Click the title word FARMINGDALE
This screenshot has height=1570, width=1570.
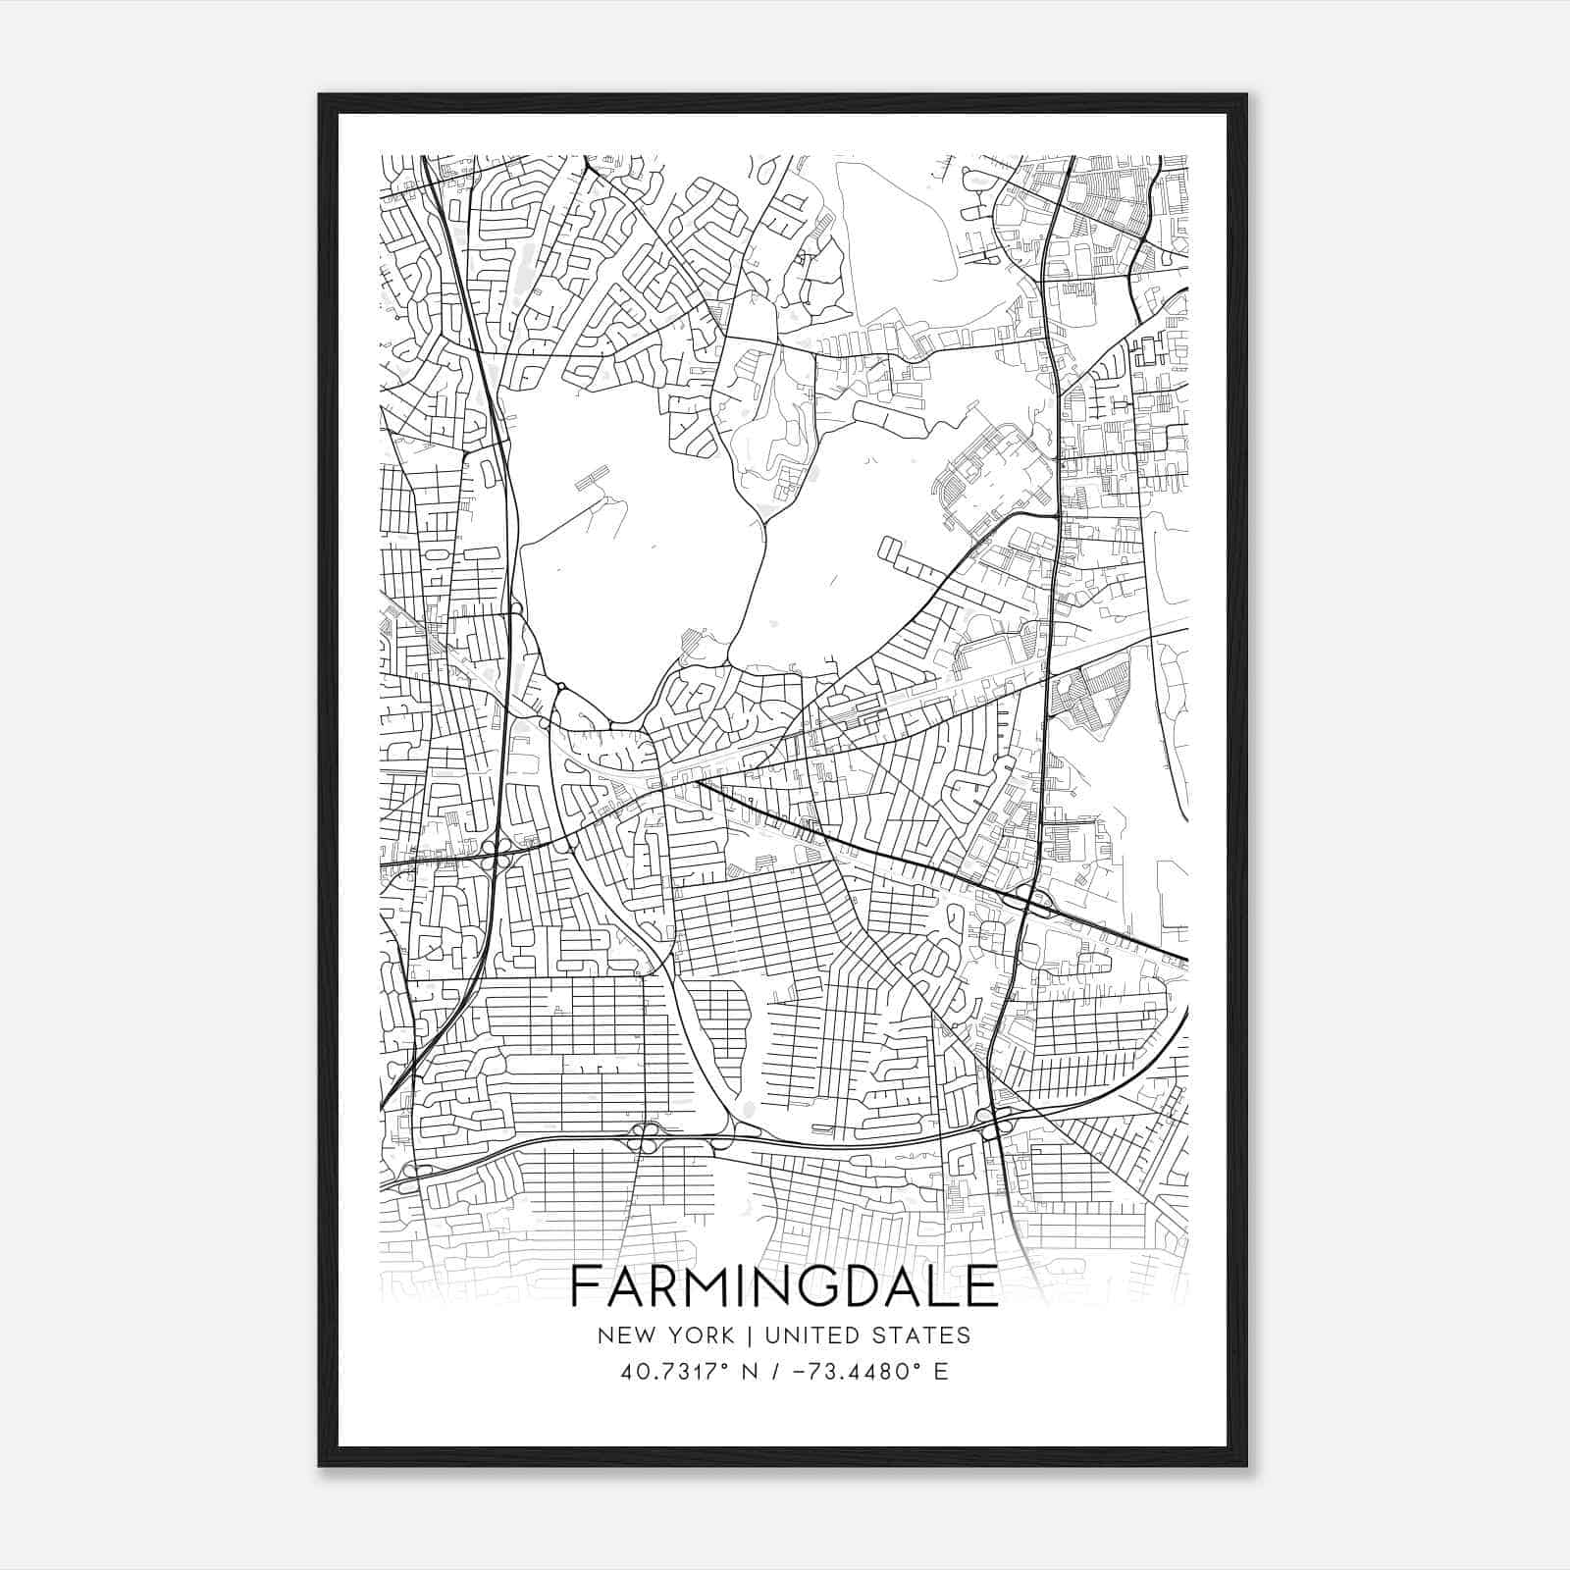tap(784, 1286)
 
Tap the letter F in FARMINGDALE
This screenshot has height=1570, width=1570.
tap(584, 1286)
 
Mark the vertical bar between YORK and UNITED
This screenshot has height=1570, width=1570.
tap(748, 1335)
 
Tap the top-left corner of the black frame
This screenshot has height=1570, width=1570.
tap(320, 95)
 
